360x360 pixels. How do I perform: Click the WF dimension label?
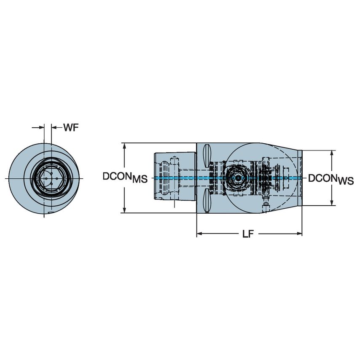click(x=71, y=127)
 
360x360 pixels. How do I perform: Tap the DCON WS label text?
click(x=330, y=179)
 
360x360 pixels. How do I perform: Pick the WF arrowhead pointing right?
click(x=41, y=127)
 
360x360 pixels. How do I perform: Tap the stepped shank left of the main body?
click(x=174, y=177)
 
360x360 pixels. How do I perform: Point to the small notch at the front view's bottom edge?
click(x=50, y=214)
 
